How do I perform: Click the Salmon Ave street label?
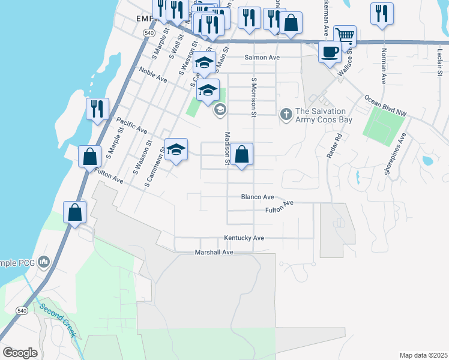262,58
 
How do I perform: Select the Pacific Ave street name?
131,125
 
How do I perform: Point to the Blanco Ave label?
257,197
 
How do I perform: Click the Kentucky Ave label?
244,238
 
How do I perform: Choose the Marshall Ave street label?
213,253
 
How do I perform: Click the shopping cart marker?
345,35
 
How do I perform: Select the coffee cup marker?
328,52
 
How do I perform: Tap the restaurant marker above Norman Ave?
382,13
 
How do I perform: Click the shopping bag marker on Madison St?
241,155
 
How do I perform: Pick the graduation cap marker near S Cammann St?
176,149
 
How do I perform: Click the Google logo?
20,353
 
